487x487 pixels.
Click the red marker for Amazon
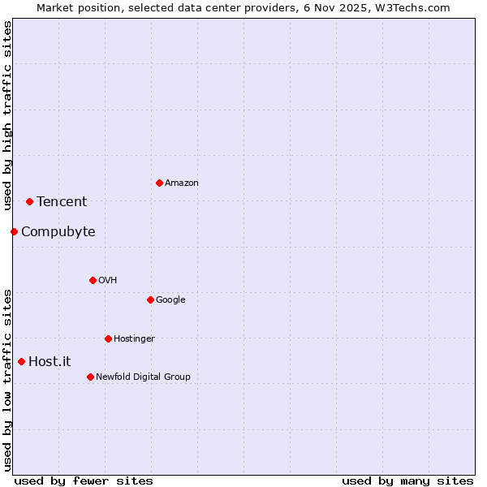[159, 183]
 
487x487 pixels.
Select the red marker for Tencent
[29, 201]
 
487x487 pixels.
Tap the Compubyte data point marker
[14, 231]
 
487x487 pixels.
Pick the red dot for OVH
[93, 280]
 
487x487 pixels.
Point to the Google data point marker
[150, 300]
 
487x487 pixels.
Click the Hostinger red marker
[108, 338]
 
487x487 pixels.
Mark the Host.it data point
[21, 361]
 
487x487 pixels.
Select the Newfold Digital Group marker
[90, 377]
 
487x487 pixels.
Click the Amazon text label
[181, 183]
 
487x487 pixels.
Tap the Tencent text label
[62, 202]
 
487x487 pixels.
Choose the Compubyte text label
[58, 232]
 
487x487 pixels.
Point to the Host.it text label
[50, 362]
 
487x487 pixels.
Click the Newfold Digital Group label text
[143, 377]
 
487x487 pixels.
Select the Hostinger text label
[134, 338]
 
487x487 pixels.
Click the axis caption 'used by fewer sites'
[84, 481]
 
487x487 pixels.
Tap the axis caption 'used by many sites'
[407, 481]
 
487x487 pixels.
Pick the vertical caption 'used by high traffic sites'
[7, 116]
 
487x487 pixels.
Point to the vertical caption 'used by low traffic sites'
[7, 379]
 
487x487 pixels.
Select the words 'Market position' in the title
[74, 7]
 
